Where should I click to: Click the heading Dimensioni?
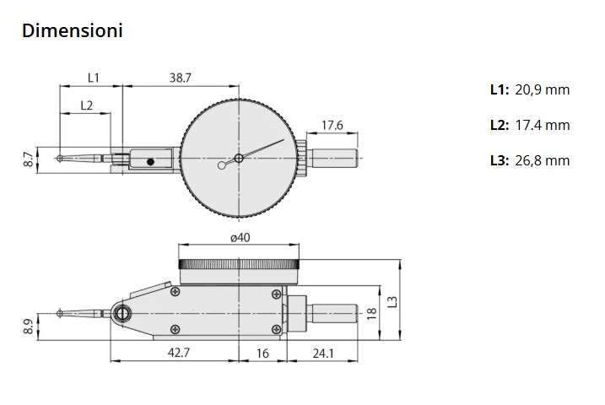coord(73,31)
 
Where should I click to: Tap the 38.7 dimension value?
coord(179,77)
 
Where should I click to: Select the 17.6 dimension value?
coord(332,126)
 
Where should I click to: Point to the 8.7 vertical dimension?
coord(28,159)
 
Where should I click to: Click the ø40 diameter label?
coord(240,238)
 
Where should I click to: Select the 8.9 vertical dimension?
coord(28,325)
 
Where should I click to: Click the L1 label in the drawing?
coord(93,77)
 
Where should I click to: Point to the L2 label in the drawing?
coord(86,105)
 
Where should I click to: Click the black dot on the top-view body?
coord(149,161)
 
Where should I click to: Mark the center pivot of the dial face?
coord(239,158)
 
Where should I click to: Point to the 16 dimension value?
coord(262,353)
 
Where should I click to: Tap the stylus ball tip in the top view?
coord(57,159)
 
